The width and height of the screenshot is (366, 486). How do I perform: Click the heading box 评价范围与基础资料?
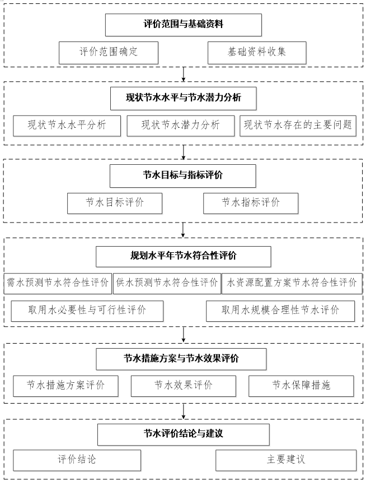[184, 25]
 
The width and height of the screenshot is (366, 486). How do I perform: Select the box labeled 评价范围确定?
[109, 53]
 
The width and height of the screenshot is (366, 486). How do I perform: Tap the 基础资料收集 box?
[257, 53]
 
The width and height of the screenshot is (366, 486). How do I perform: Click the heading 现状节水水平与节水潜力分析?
[184, 99]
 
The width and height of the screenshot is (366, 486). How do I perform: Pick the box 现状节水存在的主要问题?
[298, 126]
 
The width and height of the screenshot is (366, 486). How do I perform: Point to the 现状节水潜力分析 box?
[181, 126]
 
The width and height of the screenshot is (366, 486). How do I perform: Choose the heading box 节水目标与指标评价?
[183, 176]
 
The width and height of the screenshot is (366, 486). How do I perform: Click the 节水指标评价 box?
[251, 203]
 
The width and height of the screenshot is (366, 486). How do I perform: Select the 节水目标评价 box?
[115, 203]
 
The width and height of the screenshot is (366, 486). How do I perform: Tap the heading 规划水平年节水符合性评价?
[184, 257]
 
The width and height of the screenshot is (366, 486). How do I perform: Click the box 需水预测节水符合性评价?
[58, 283]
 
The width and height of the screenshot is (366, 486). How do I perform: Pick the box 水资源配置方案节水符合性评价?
[292, 283]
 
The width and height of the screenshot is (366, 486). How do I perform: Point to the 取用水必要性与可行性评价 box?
[87, 311]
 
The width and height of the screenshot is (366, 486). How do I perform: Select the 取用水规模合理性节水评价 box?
[280, 311]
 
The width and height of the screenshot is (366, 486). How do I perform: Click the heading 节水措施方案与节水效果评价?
[181, 359]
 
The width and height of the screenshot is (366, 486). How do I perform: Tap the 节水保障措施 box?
[301, 386]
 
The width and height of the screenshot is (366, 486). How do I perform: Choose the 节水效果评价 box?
[184, 386]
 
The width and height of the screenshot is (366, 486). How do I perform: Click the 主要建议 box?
[286, 460]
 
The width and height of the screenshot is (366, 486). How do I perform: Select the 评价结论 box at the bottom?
[77, 460]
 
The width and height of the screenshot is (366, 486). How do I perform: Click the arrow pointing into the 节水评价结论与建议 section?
[184, 411]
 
